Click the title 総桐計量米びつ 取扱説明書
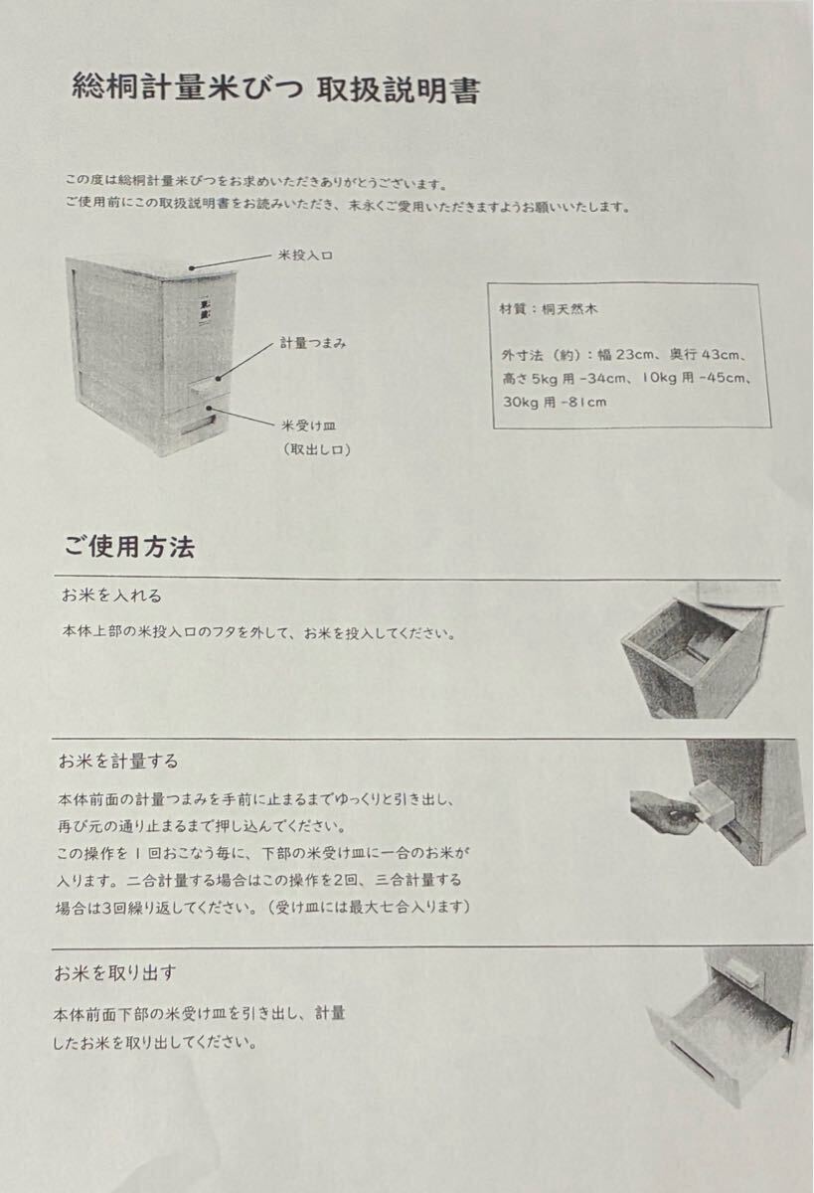[x=276, y=90]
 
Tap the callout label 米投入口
[x=304, y=256]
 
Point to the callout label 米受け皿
[x=305, y=425]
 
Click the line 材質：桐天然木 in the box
[x=549, y=309]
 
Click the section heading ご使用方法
[x=129, y=547]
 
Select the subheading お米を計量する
[x=118, y=762]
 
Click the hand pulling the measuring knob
[x=661, y=806]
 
